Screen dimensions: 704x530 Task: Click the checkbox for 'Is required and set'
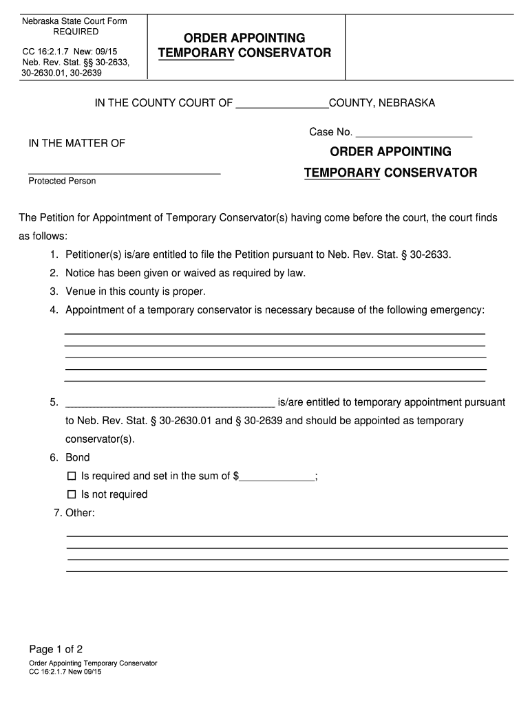coord(71,476)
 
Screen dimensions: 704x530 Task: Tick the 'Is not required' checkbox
coord(71,494)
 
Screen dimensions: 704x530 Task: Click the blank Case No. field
coord(414,132)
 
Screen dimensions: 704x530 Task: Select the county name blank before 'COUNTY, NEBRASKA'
coord(282,104)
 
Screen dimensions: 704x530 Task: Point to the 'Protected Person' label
coord(62,181)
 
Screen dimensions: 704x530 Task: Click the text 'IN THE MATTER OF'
coord(76,144)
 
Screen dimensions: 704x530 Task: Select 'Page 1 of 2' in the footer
coord(56,649)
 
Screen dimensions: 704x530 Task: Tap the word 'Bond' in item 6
coord(78,457)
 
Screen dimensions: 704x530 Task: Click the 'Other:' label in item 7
coord(79,513)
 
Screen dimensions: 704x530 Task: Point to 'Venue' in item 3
coord(81,291)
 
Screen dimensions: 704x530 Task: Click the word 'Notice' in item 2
coord(81,273)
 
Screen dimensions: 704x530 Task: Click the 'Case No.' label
coord(331,132)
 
